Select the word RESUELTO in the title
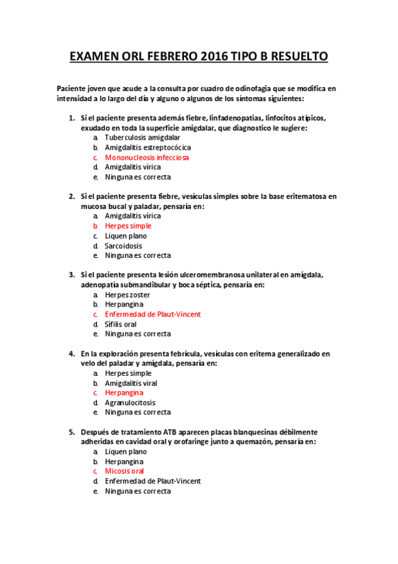[x=296, y=58]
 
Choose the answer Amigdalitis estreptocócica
[x=148, y=147]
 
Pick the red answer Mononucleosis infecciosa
[x=147, y=158]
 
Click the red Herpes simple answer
[x=128, y=226]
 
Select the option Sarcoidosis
[x=124, y=245]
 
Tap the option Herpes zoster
[x=128, y=295]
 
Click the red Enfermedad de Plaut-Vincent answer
[x=153, y=314]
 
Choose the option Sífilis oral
[x=121, y=324]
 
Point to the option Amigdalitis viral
[x=131, y=383]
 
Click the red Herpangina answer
[x=124, y=393]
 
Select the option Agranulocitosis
[x=130, y=402]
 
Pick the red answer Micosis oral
[x=125, y=471]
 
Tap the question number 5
[x=71, y=432]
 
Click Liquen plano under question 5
[x=126, y=452]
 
